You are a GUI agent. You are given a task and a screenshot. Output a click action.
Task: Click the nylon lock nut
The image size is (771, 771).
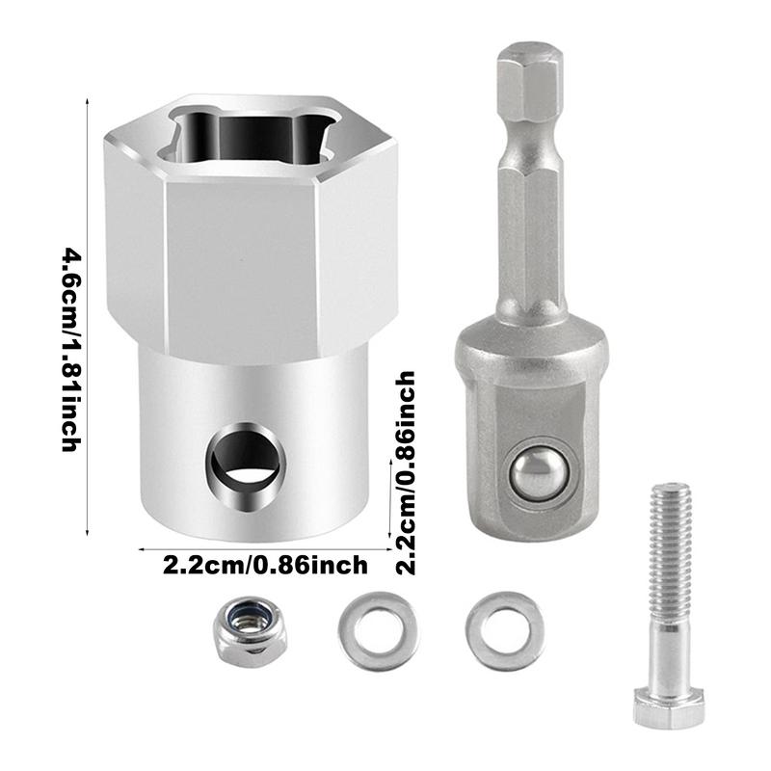coord(250,632)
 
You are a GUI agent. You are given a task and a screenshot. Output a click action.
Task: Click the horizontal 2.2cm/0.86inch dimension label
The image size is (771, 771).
coord(264,565)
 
